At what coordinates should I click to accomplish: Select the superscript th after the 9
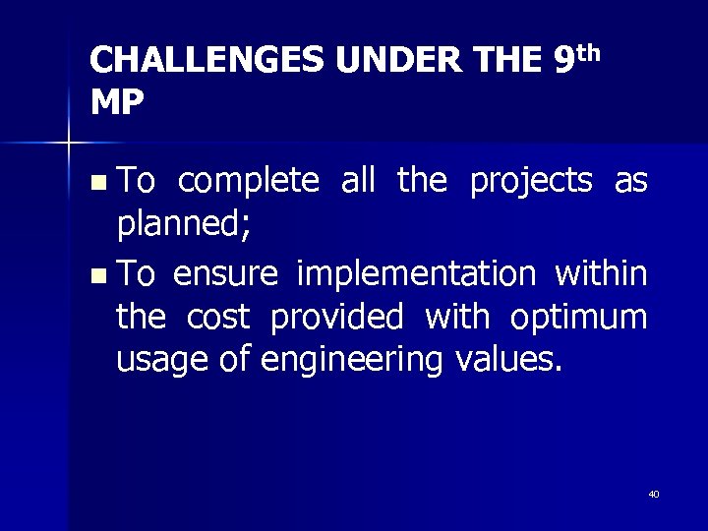(x=587, y=50)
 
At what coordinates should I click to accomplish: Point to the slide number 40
(x=653, y=494)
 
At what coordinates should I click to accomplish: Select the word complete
(x=249, y=182)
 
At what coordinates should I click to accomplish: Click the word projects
(x=531, y=182)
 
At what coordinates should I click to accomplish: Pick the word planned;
(x=184, y=226)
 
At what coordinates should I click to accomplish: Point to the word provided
(x=336, y=317)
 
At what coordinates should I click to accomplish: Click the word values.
(x=509, y=360)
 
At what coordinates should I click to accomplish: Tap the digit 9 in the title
(x=563, y=62)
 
